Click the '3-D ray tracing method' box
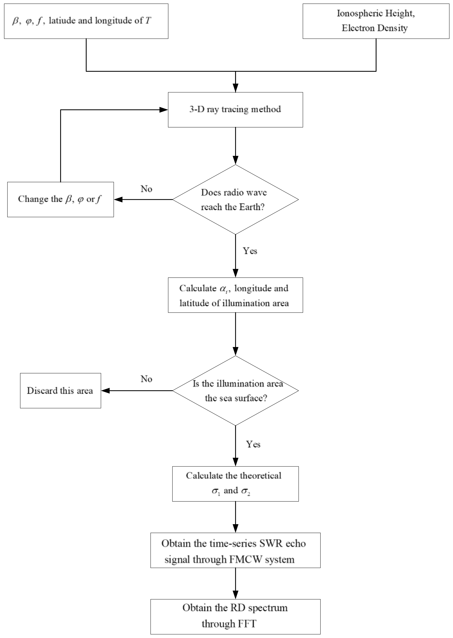(x=235, y=110)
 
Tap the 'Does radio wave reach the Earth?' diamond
(x=235, y=200)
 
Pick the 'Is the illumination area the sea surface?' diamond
(x=235, y=391)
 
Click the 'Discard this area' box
(x=60, y=391)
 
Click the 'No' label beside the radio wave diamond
(x=146, y=189)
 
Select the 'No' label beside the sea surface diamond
(x=146, y=379)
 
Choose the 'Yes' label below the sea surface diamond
(x=253, y=444)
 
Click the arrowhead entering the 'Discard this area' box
(x=105, y=391)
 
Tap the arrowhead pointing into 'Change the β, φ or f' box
(x=118, y=200)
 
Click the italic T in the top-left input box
(x=148, y=21)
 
